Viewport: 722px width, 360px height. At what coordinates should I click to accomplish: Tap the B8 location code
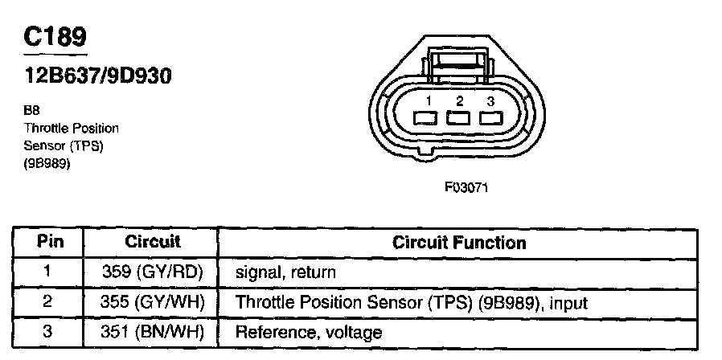(32, 113)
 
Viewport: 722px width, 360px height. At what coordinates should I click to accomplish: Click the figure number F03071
(466, 187)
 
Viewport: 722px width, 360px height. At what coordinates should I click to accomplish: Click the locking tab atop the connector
(458, 62)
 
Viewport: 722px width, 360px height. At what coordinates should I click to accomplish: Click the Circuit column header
(153, 242)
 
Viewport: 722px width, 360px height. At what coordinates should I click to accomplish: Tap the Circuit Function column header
(459, 242)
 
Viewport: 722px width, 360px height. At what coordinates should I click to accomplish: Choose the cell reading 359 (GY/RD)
(153, 272)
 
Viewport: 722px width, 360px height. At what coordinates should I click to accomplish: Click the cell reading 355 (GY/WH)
(153, 302)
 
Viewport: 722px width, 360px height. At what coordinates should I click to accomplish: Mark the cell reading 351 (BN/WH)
(153, 331)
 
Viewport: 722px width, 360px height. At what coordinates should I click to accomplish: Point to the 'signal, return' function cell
(285, 272)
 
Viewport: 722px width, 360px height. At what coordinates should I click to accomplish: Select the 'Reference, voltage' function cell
(308, 332)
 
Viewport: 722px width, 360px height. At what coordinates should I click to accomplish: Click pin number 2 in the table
(47, 302)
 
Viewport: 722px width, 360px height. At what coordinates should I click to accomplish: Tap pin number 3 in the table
(47, 331)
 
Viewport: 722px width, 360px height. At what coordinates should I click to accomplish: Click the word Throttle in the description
(46, 129)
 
